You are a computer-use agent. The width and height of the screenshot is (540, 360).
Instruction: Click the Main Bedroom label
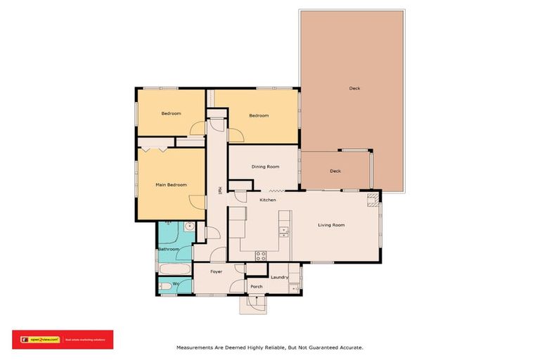click(x=171, y=185)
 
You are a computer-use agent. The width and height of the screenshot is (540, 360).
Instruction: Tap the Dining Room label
click(x=265, y=167)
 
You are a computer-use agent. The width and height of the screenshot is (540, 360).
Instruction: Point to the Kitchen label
click(x=267, y=201)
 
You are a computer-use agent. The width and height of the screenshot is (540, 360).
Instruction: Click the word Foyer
click(x=217, y=271)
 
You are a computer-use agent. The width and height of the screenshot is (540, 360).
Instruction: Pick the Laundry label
click(x=279, y=277)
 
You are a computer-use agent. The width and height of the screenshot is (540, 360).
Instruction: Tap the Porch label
click(x=256, y=287)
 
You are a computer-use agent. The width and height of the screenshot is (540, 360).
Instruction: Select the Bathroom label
click(x=169, y=249)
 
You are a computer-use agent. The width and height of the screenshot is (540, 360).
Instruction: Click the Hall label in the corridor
click(x=220, y=190)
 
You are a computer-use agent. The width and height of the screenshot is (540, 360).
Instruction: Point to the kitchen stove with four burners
click(x=261, y=255)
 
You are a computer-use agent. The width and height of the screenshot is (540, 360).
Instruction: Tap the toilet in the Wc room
click(x=164, y=286)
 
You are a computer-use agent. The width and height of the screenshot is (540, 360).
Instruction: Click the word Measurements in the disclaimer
click(x=196, y=347)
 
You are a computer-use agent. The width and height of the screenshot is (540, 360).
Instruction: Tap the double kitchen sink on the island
click(x=283, y=231)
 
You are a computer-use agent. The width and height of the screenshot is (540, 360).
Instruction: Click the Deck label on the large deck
click(x=354, y=89)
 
